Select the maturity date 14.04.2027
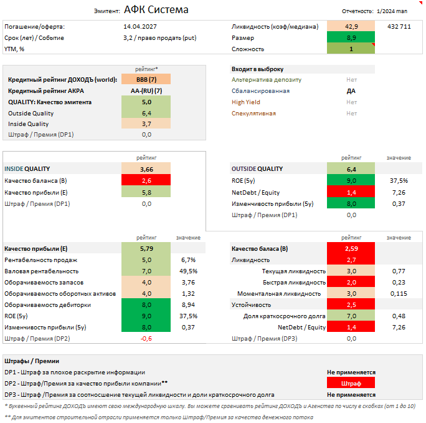tap(140, 27)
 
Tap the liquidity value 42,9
tap(351, 27)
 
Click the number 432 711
tap(399, 27)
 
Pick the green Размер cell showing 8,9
tap(351, 38)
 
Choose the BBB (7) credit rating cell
tap(146, 80)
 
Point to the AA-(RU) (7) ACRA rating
tap(146, 91)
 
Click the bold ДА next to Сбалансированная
tap(351, 91)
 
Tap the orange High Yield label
tap(247, 102)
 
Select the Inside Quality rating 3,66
tap(146, 169)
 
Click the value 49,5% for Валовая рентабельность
tap(188, 271)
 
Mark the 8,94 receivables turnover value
tap(188, 305)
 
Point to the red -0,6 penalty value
tap(146, 339)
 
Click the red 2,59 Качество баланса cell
tap(351, 248)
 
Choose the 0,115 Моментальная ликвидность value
tap(399, 294)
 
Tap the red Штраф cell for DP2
tap(351, 383)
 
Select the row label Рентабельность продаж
tap(41, 260)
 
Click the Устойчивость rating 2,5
tap(351, 305)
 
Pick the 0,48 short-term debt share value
tap(399, 316)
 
